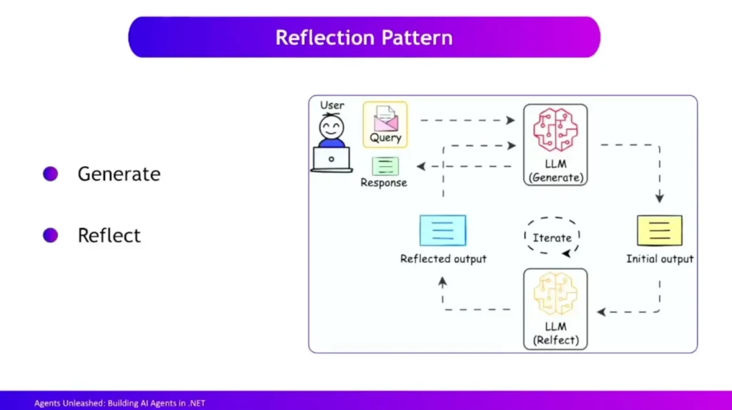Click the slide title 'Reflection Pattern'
[364, 37]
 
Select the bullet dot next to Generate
[50, 174]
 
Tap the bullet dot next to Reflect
[50, 236]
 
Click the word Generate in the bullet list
[119, 174]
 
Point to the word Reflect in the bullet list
[109, 236]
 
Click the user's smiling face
[331, 128]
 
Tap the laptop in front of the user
[332, 159]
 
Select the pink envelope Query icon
[385, 118]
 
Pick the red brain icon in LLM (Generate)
[555, 131]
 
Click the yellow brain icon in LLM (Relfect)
[555, 294]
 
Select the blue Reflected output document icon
[442, 231]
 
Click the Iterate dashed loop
[552, 236]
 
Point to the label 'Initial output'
[660, 259]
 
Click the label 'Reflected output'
[443, 259]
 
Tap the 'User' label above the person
[332, 105]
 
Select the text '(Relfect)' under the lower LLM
[555, 340]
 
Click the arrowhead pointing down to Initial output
[659, 198]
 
